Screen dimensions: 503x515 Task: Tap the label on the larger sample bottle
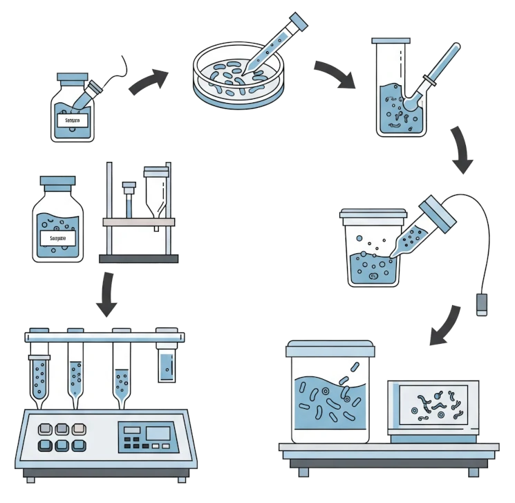click(57, 239)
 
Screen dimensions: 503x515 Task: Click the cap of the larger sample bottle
click(57, 181)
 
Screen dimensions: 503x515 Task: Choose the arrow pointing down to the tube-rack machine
click(106, 295)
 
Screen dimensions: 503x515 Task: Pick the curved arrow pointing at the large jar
click(446, 325)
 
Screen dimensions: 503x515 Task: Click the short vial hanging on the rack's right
click(167, 364)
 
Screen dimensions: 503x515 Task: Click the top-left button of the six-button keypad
click(47, 430)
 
